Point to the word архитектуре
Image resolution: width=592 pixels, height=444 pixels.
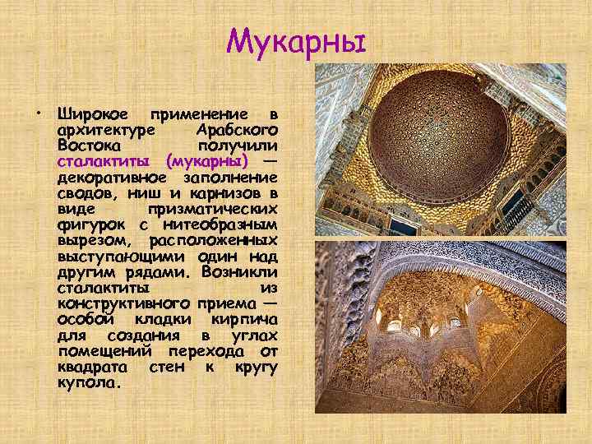[x=108, y=130]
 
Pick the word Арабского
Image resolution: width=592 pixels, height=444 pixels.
[x=238, y=130]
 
